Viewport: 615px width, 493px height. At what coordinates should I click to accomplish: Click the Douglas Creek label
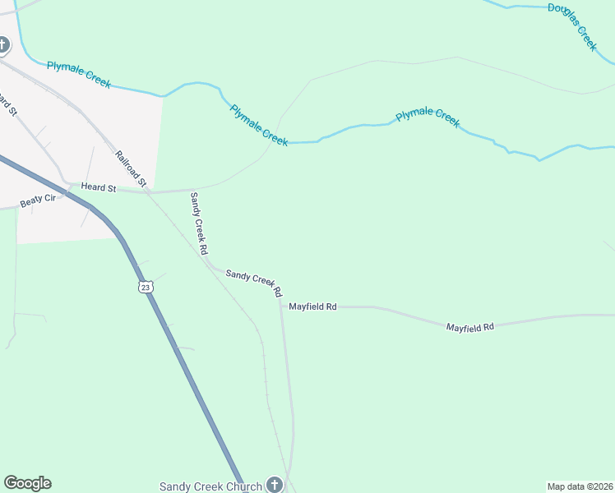point(572,25)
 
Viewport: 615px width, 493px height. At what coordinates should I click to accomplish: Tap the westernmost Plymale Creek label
point(79,75)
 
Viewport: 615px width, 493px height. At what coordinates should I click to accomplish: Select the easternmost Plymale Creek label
point(428,117)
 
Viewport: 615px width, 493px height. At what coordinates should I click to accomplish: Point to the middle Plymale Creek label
point(259,125)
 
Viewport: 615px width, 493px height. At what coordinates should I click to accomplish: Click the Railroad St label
point(130,168)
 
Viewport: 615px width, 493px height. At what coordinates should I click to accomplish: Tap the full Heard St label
point(98,187)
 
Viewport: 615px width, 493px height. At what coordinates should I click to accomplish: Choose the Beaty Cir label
point(38,200)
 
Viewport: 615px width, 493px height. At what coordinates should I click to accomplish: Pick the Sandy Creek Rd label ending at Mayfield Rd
point(254,282)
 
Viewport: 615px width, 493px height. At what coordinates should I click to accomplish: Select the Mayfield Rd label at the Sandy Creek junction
point(312,306)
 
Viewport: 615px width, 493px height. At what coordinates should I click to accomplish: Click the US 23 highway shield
point(145,287)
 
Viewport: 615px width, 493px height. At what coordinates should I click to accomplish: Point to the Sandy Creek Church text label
point(210,486)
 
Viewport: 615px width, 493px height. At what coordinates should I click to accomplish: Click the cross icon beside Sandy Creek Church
point(275,485)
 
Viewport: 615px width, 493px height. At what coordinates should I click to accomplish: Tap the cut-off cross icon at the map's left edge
point(2,44)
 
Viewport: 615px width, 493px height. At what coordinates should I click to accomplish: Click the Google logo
point(27,483)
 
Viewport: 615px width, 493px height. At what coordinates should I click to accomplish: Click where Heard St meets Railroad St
point(148,191)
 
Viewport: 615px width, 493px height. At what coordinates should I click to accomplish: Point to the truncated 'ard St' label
point(8,105)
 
